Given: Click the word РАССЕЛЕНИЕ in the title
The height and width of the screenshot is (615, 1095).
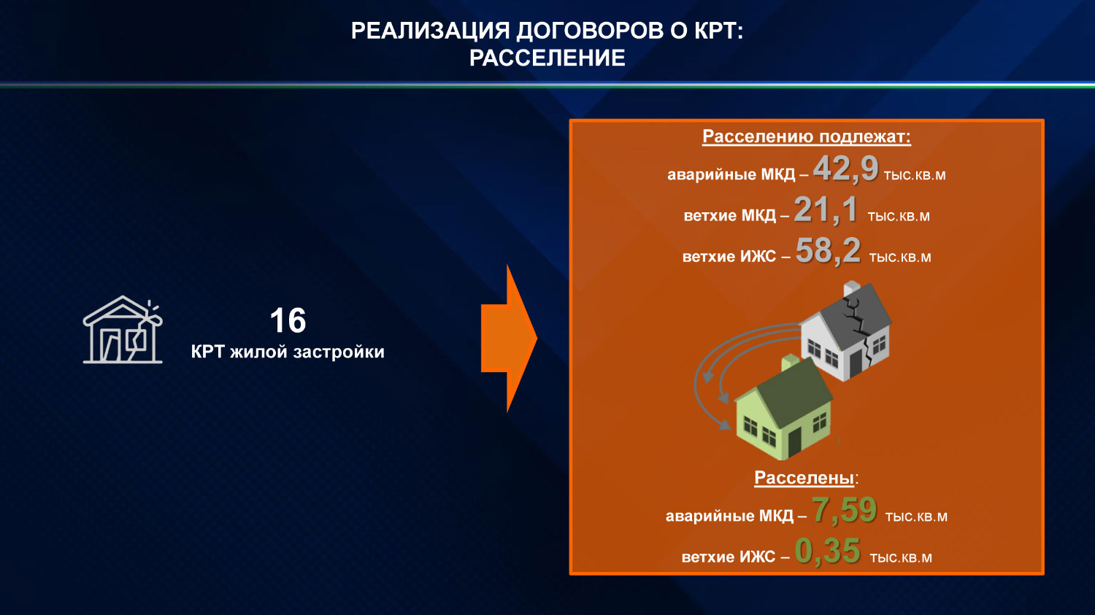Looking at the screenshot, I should [x=547, y=58].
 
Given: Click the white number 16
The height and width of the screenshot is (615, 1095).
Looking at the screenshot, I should [x=288, y=320].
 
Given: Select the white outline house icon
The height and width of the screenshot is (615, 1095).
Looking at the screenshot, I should [x=123, y=330].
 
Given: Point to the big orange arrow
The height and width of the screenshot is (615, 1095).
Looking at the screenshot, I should [x=509, y=339].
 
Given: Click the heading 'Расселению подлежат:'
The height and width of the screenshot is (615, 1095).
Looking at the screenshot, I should [x=806, y=136].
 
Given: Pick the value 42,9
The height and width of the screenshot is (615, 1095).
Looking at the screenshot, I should [x=845, y=169].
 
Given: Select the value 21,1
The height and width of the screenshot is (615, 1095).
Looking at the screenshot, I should [x=826, y=210].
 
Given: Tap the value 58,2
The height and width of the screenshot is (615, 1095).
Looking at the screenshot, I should [x=828, y=251].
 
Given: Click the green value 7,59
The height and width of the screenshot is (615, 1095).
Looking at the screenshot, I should [x=844, y=510].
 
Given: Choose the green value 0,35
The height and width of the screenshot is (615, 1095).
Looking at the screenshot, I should [x=828, y=552].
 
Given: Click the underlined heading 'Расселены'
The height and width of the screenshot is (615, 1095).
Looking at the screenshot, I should [x=804, y=478].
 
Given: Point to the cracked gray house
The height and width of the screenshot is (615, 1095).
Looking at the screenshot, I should [x=847, y=332].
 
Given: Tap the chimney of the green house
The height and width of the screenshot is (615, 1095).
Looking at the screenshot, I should [x=791, y=364].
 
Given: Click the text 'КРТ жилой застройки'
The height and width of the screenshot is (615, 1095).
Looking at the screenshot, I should [x=288, y=352].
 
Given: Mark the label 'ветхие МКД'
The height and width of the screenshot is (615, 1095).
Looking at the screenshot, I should [x=729, y=216].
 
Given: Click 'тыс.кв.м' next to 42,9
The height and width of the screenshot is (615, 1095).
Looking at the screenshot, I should [x=914, y=176].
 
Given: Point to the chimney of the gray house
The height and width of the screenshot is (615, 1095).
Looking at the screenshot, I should [x=851, y=289].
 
